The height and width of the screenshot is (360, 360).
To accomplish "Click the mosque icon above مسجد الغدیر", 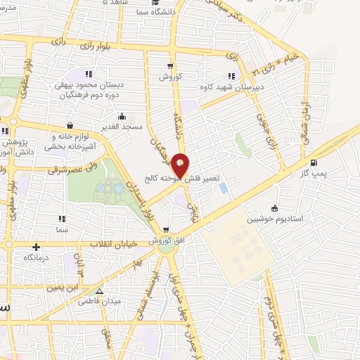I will pyautogui.click(x=124, y=117).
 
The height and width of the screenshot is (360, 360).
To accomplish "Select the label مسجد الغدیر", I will pyautogui.click(x=124, y=127).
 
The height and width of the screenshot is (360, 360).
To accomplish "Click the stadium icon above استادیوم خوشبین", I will pyautogui.click(x=274, y=208).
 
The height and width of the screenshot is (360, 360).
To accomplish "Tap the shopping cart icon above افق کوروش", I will pyautogui.click(x=166, y=230).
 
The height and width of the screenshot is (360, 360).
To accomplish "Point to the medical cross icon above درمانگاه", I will pyautogui.click(x=36, y=247).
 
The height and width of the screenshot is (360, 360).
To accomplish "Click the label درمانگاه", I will pyautogui.click(x=37, y=257).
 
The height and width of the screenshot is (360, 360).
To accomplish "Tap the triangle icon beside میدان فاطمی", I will pyautogui.click(x=99, y=291).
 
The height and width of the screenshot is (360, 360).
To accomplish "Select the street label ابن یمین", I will pyautogui.click(x=63, y=288).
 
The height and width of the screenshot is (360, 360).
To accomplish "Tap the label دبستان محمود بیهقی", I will pyautogui.click(x=90, y=84).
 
